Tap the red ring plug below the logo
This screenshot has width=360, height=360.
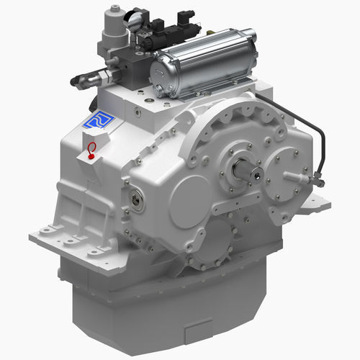coord(91,149)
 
